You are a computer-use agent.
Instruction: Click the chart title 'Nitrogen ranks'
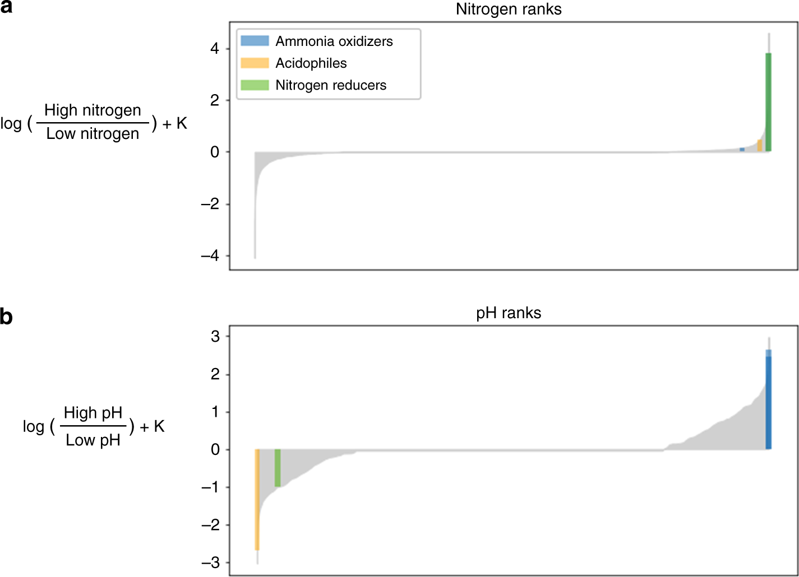pos(509,10)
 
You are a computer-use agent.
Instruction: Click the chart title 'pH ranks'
pos(509,313)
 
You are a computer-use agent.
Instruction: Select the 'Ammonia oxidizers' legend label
pos(334,41)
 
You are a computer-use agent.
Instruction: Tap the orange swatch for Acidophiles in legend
pos(255,63)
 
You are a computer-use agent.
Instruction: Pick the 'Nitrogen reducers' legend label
pos(331,85)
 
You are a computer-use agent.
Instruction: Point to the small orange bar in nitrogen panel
pos(760,146)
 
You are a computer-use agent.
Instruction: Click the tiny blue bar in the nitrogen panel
pos(742,150)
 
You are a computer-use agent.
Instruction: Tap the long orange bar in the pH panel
pos(257,499)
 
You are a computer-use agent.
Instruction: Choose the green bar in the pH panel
pos(278,468)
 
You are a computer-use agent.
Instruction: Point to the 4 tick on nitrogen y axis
pos(215,49)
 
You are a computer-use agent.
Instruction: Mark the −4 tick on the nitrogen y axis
pos(211,256)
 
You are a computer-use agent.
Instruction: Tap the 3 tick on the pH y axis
pos(215,337)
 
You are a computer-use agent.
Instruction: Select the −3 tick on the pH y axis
pos(211,563)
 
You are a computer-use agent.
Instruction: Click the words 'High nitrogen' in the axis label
pos(93,110)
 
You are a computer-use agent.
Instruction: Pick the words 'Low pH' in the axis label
pos(93,440)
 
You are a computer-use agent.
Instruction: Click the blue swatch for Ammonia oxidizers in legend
pos(255,41)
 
